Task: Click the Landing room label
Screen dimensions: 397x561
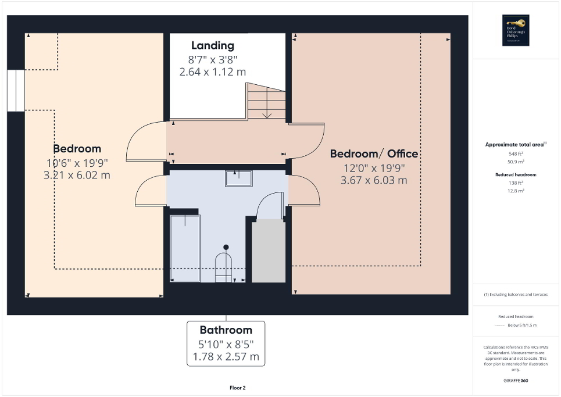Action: pos(212,45)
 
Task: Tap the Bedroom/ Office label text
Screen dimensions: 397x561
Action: pos(374,153)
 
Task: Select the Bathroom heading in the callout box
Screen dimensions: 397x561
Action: pos(226,330)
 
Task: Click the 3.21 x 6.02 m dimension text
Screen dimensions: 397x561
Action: pos(77,174)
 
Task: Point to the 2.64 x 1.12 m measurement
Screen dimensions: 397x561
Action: pos(212,72)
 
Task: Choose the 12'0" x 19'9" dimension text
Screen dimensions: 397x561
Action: pos(373,168)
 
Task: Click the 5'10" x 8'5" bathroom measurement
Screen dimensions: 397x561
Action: pos(226,344)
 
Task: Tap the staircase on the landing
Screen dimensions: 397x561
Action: pos(266,101)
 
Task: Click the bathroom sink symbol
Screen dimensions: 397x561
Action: pos(238,178)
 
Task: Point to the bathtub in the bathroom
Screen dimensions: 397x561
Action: pos(184,248)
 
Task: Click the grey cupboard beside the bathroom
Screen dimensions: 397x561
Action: pos(268,251)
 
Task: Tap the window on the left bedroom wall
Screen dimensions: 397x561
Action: pos(16,91)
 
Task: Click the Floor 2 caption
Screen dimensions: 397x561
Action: pos(238,388)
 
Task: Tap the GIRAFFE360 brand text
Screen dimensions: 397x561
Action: pos(516,381)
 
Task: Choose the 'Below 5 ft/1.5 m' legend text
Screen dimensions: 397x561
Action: pos(523,326)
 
